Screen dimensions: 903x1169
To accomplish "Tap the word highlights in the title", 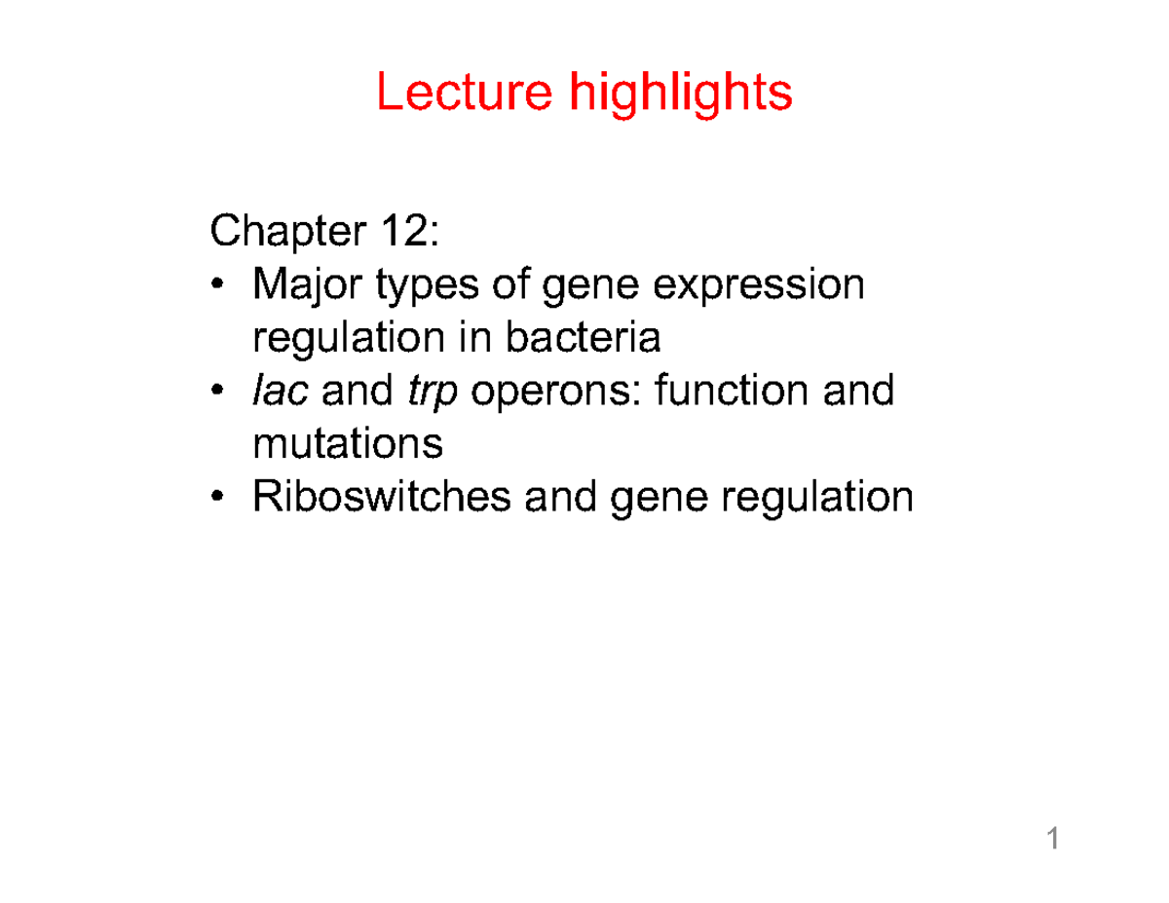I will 681,94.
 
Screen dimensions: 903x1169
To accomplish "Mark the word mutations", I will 348,444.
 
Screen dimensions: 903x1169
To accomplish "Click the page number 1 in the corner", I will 1053,839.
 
